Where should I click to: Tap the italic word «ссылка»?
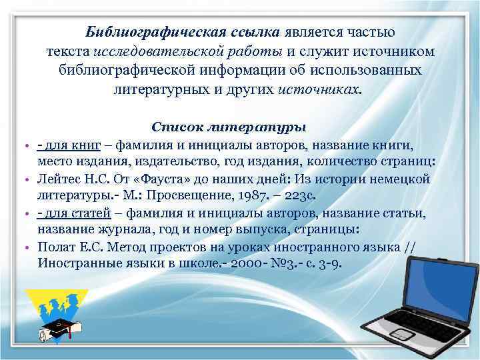click(250, 32)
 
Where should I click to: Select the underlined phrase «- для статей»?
click(71, 213)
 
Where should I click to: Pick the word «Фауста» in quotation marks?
click(159, 179)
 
